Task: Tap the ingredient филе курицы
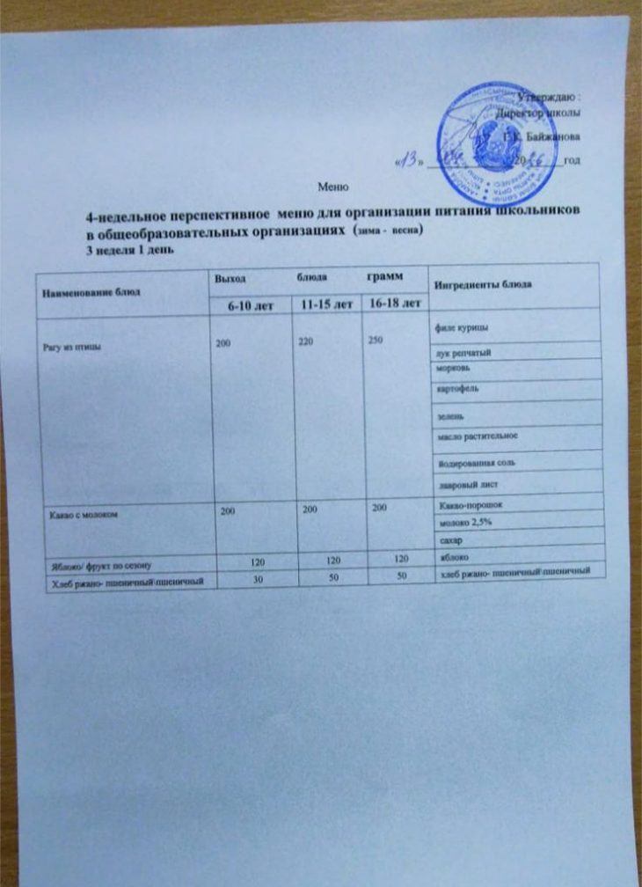click(458, 329)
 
